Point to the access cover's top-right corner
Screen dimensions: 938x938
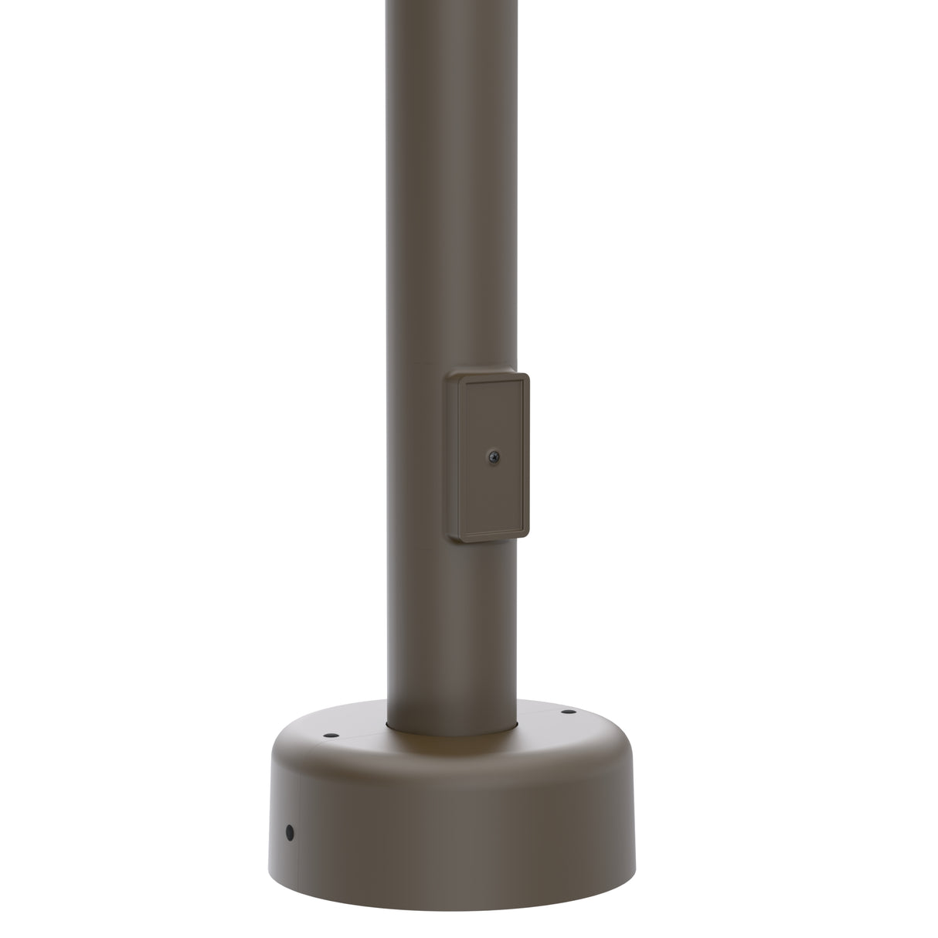coord(526,377)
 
